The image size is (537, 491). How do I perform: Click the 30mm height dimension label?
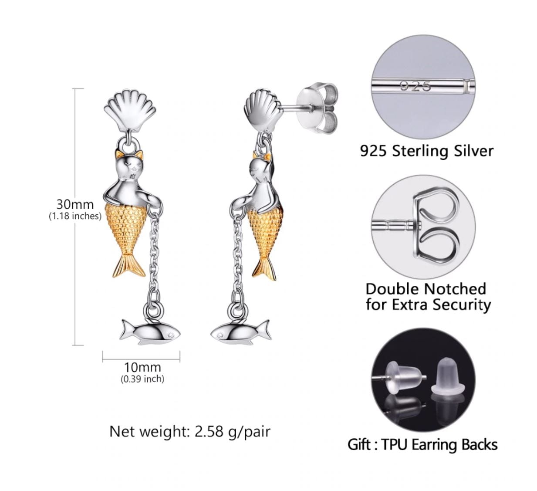75,204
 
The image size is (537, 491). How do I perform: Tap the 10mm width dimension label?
142,367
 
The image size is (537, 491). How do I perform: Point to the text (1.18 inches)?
75,216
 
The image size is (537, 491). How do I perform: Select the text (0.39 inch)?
142,379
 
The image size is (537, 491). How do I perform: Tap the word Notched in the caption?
455,289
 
